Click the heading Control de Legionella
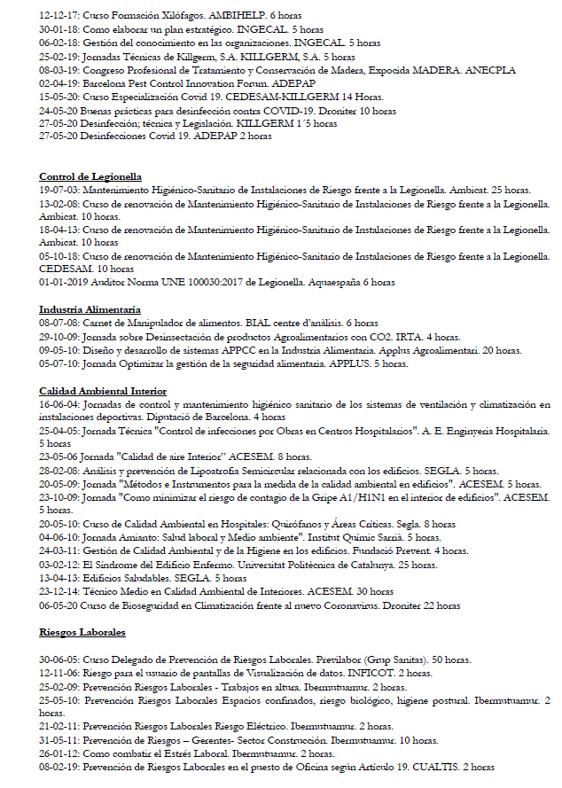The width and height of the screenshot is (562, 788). (x=90, y=177)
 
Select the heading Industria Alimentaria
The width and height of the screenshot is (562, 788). (x=90, y=309)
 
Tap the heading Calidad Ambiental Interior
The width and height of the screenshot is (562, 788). (x=103, y=391)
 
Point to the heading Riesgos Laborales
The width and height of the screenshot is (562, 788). (x=82, y=632)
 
